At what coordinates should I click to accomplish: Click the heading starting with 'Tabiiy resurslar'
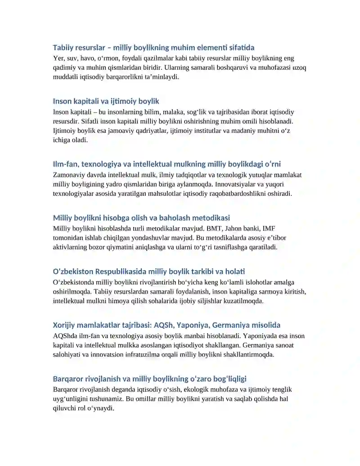pos(153,47)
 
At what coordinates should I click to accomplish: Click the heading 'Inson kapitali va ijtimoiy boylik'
pos(106,101)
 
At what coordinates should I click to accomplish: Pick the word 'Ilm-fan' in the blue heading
pos(65,164)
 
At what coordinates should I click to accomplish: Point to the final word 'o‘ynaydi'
pos(102,408)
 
